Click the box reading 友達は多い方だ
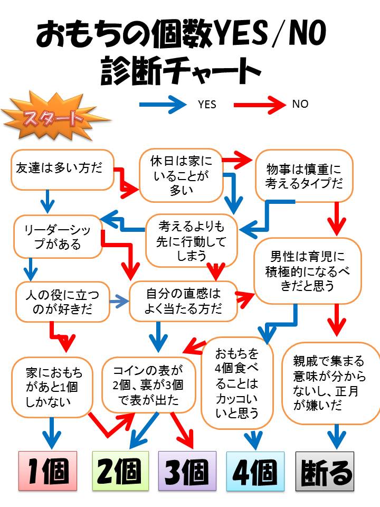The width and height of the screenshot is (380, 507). [x=62, y=169]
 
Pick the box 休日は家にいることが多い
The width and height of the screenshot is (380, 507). [x=180, y=175]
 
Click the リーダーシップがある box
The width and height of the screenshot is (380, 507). [x=58, y=236]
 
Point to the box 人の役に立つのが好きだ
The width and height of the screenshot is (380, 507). [x=62, y=302]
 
